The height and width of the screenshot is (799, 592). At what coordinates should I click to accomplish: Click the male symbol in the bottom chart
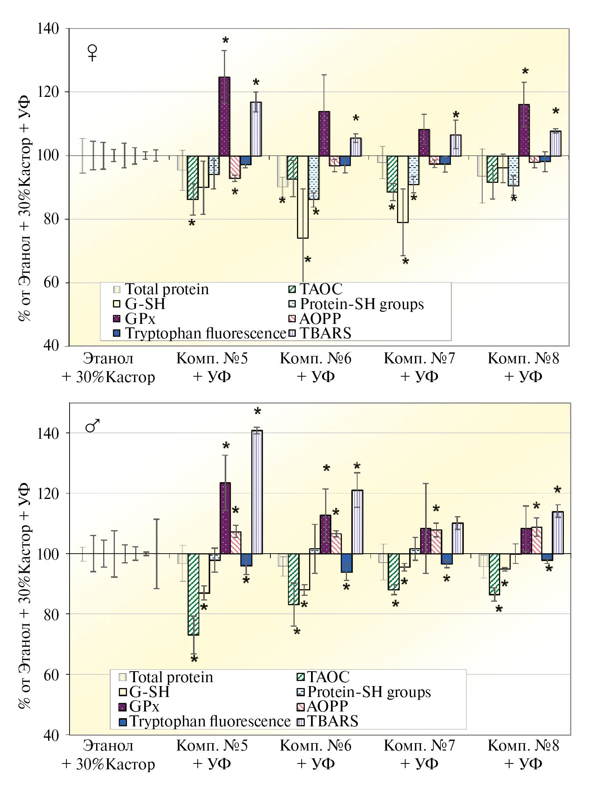click(x=93, y=426)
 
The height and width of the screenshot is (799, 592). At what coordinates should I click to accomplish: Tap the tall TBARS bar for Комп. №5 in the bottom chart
click(x=257, y=492)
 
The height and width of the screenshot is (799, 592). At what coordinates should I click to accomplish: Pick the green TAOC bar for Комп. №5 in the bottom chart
click(x=193, y=594)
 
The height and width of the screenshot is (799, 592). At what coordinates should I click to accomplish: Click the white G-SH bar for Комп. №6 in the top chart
click(x=302, y=197)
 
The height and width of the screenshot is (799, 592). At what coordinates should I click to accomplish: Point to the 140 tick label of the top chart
click(x=47, y=29)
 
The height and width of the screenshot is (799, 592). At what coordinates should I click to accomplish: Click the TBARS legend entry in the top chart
click(x=320, y=333)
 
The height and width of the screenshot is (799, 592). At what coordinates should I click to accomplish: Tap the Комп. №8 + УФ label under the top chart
click(x=523, y=367)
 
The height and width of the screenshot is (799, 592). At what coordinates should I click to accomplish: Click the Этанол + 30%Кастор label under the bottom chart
click(x=108, y=754)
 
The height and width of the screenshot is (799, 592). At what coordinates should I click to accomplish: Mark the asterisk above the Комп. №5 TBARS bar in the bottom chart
click(x=258, y=411)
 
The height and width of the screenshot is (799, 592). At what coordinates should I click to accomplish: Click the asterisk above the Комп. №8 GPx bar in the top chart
click(x=525, y=71)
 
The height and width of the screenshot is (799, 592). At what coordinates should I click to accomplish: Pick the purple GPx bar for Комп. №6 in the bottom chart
click(x=325, y=534)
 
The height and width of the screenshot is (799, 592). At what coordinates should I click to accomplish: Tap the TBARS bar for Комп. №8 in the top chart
click(x=555, y=143)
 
